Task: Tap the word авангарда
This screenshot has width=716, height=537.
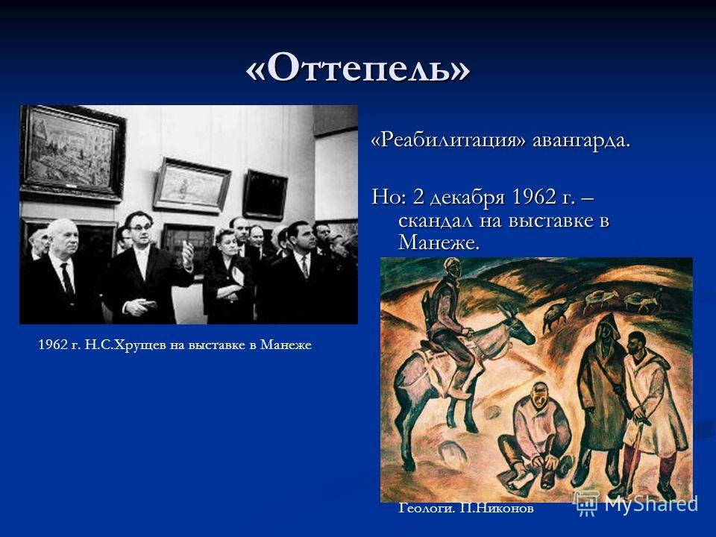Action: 581,141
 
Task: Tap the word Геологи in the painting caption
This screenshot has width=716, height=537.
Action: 427,508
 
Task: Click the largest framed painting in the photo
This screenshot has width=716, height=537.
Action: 72,153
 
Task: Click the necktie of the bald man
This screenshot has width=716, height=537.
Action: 68,278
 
